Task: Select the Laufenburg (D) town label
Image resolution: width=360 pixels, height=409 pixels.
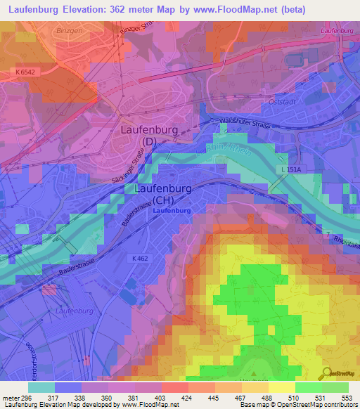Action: point(150,135)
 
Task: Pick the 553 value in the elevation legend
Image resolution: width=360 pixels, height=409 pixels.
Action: point(347,398)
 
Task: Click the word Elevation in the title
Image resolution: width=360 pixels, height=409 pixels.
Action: point(91,8)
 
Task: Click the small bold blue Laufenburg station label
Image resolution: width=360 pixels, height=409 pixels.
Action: point(171,211)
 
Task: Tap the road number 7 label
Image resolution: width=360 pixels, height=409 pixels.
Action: point(327,233)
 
